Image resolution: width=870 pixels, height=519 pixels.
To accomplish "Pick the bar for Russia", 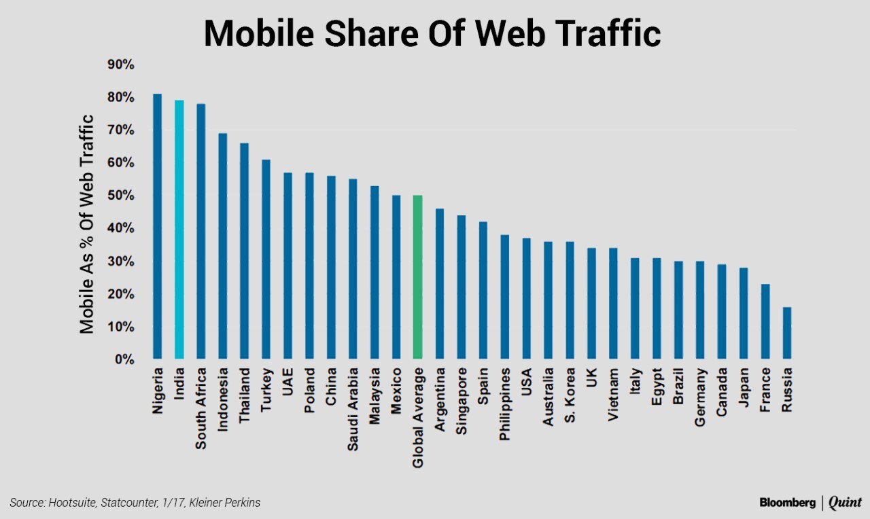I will [786, 333].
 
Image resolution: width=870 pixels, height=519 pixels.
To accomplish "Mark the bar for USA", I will [526, 298].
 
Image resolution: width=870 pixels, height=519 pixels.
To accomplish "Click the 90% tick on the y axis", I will [121, 65].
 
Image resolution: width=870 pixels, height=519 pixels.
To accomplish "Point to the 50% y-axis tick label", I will [121, 196].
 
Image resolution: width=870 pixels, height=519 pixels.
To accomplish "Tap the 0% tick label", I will [124, 359].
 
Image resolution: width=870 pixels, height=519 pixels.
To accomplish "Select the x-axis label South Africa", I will [201, 409].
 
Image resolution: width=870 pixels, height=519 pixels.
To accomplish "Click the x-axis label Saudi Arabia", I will [353, 410].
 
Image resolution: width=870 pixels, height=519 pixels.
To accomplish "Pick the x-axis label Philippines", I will [505, 405].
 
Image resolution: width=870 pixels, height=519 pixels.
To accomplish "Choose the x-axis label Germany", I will [700, 397].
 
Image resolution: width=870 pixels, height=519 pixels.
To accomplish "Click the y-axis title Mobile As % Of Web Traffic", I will [86, 224].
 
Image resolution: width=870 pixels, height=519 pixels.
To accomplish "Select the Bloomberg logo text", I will [787, 503].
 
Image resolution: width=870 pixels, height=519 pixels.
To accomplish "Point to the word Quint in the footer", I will [845, 503].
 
